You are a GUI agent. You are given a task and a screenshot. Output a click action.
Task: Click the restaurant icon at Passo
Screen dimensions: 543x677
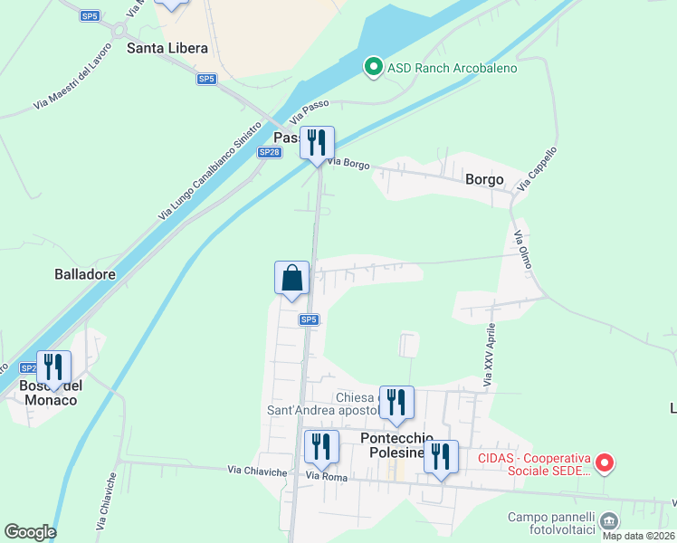[317, 143]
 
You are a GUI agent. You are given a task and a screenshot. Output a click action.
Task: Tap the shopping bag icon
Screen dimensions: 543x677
[291, 278]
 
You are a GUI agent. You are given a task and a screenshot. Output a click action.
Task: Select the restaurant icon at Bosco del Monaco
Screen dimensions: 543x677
[53, 367]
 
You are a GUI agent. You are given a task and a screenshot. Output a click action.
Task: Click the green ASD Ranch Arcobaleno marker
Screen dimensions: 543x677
[372, 68]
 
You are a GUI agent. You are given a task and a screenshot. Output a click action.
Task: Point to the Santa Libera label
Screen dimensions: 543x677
[167, 48]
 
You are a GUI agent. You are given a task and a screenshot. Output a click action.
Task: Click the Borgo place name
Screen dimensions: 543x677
[484, 179]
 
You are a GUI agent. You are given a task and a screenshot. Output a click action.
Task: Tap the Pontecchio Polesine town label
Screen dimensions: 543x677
[393, 445]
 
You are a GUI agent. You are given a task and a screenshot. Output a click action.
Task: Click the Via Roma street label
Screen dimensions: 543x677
[326, 476]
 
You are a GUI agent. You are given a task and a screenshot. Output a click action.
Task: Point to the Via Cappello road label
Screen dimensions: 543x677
[537, 168]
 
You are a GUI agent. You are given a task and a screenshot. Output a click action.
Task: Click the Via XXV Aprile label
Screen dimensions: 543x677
[489, 356]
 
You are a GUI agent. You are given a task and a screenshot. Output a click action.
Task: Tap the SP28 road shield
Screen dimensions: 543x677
[269, 152]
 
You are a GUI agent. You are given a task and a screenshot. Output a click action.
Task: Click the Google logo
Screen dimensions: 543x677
[30, 532]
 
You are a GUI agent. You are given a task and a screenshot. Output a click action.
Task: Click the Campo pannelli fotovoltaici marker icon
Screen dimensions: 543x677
[609, 520]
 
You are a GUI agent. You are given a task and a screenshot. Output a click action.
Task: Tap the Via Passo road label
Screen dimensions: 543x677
[309, 112]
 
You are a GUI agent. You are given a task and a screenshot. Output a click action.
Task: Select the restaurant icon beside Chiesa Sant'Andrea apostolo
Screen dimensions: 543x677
[396, 403]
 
